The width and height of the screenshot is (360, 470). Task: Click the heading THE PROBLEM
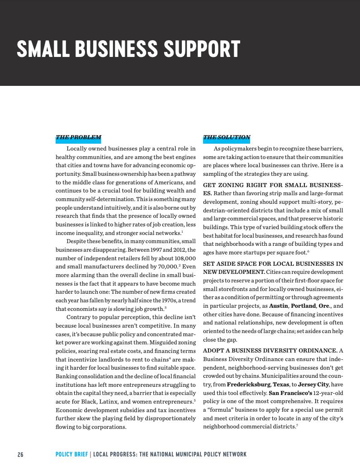(78, 137)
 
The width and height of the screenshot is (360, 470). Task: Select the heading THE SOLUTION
(227, 137)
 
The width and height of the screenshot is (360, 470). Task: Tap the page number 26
(20, 454)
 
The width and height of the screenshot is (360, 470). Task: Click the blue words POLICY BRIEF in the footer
(71, 454)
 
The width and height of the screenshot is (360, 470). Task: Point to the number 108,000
(185, 258)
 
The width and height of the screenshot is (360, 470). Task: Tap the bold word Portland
(303, 306)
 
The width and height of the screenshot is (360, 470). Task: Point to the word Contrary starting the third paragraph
(78, 317)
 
